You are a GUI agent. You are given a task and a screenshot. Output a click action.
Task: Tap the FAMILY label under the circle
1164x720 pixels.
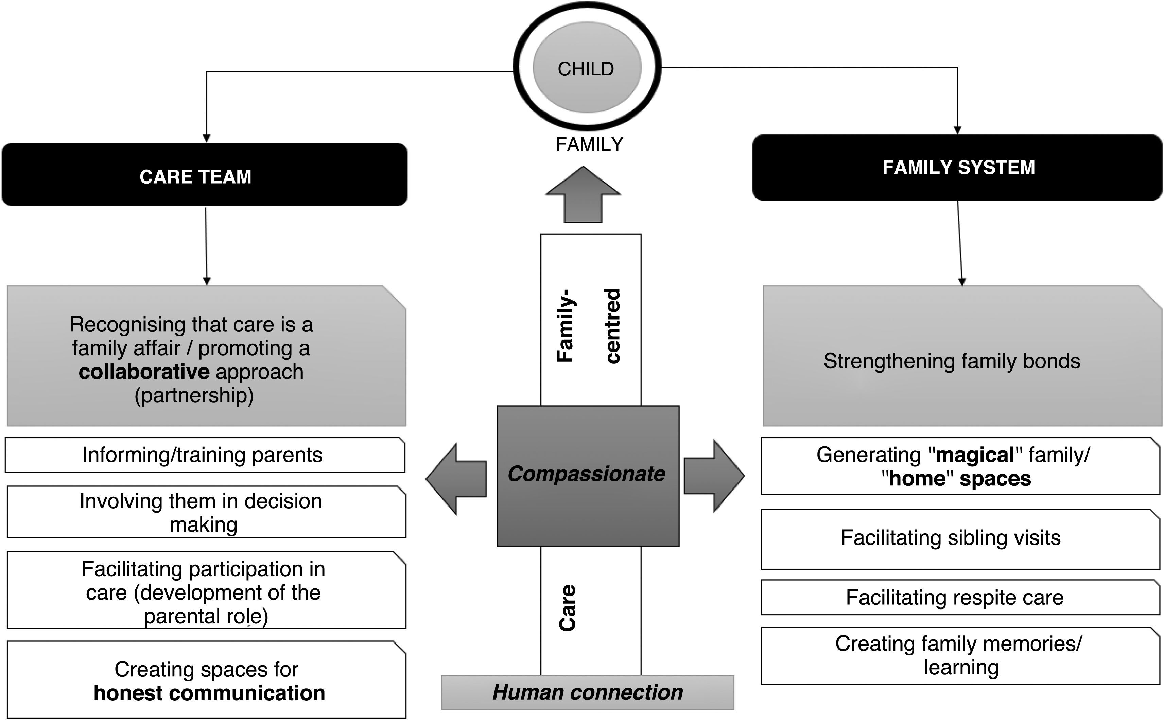click(589, 144)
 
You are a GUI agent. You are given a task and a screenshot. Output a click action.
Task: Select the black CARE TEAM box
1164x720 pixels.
click(204, 175)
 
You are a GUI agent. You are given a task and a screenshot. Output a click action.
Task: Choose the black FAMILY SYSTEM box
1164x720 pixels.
click(957, 168)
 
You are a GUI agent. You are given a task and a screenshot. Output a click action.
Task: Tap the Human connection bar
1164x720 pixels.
click(588, 692)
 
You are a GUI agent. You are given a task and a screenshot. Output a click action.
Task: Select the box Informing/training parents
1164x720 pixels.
click(205, 455)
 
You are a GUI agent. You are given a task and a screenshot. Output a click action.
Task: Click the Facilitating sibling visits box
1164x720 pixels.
click(960, 538)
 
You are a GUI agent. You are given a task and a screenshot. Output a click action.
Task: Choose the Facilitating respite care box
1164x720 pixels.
click(960, 597)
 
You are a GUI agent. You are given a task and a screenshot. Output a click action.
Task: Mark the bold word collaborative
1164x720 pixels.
click(144, 372)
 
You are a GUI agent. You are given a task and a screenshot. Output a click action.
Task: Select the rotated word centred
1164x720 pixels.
click(613, 326)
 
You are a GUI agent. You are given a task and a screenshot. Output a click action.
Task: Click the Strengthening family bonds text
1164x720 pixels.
click(952, 361)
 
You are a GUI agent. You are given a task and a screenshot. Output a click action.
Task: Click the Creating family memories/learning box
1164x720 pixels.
click(960, 656)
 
